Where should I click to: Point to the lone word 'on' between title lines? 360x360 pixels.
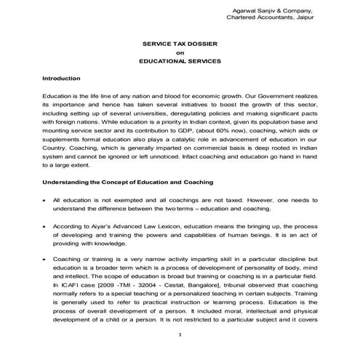[x=180, y=53]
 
